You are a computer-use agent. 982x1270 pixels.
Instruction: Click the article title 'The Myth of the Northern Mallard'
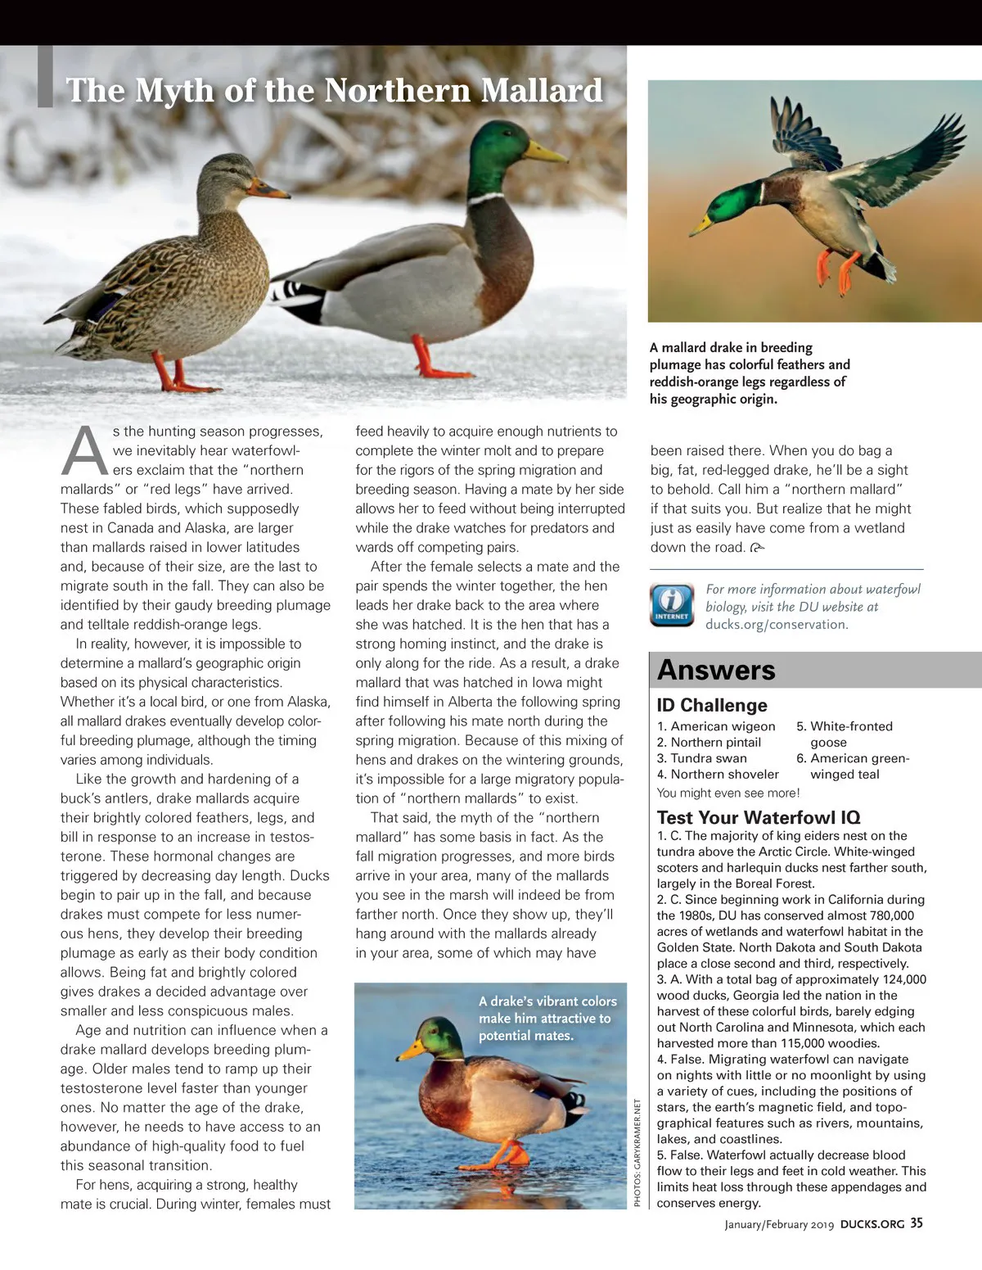(334, 90)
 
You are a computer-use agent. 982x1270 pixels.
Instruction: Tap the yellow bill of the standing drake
(545, 151)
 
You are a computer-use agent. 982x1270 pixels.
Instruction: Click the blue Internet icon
(671, 604)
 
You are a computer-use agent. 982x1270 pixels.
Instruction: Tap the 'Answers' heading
(716, 670)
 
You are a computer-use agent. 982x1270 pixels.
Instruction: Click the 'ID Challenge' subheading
(712, 705)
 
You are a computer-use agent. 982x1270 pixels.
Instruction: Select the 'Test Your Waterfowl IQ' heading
(759, 817)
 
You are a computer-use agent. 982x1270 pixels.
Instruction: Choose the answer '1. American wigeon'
(716, 726)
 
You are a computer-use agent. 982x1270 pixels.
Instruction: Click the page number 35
(917, 1223)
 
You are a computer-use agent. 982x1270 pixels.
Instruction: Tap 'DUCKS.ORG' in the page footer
(872, 1224)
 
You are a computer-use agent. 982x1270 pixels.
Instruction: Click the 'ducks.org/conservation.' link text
(777, 624)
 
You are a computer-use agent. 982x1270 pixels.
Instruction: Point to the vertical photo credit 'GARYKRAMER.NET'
(638, 1143)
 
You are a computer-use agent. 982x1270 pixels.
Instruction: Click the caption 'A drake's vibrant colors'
(547, 1001)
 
